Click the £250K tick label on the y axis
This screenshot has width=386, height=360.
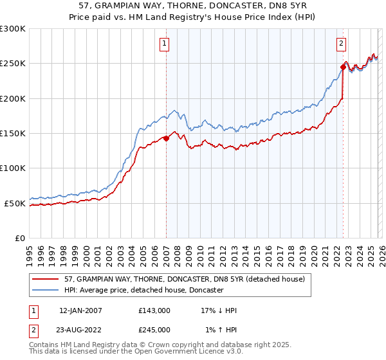(13, 64)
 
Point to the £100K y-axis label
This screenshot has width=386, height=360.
(13, 168)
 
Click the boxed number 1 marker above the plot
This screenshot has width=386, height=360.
(165, 44)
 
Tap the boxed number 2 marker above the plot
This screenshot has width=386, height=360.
(341, 44)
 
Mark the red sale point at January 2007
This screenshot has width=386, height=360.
(166, 138)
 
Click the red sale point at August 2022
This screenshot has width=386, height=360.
(344, 67)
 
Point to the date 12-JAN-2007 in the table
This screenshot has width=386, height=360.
(80, 310)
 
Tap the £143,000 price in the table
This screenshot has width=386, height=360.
(154, 310)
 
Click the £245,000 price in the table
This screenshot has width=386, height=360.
(154, 329)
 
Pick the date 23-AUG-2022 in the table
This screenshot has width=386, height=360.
(80, 329)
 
